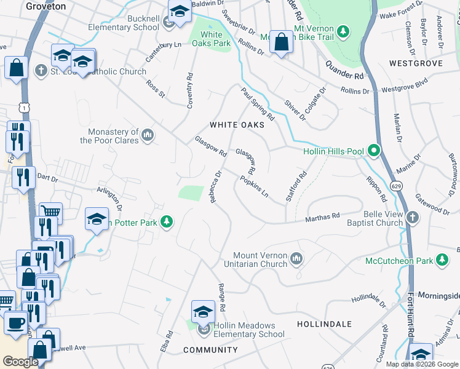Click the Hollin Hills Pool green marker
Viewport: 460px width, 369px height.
pos(373,151)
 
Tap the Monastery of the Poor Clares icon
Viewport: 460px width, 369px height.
pos(147,135)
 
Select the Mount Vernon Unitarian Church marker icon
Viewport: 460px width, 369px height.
pos(296,258)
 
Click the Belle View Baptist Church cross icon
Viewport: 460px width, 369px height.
pos(412,217)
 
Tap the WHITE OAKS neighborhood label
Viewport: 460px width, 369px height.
pos(237,125)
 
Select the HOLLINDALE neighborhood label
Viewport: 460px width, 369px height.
pos(324,323)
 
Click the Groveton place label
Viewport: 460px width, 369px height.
pos(46,6)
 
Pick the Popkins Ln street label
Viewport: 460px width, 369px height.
pos(255,188)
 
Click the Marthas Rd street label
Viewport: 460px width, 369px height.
pos(323,217)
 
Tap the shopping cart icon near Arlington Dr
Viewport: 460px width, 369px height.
pos(50,212)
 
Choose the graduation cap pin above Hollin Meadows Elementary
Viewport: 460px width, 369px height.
pos(203,311)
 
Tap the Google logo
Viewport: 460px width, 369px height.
pos(20,362)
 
